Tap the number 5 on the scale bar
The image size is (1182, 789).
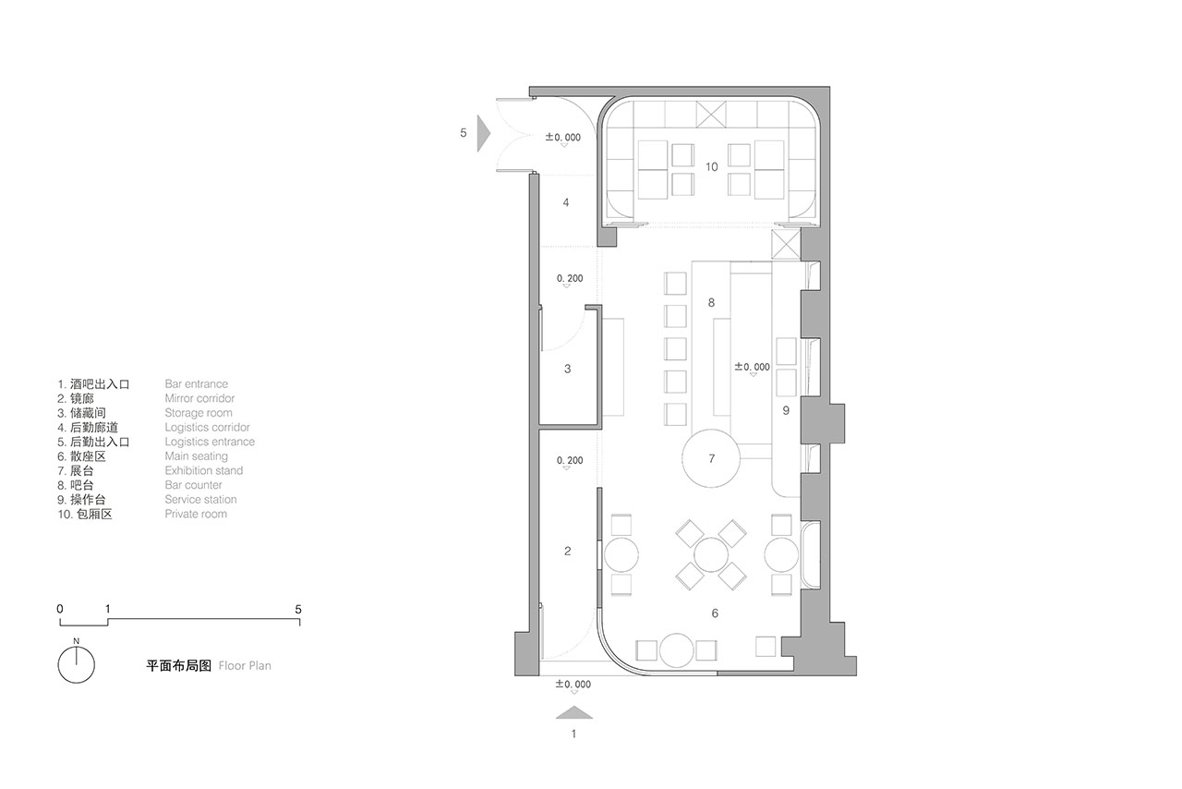[x=298, y=610]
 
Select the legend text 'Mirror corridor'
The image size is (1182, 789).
[x=199, y=398]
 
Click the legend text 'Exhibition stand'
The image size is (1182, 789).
[x=204, y=470]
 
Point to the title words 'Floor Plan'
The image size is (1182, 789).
[x=245, y=665]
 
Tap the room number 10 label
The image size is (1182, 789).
[x=711, y=167]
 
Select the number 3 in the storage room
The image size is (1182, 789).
[x=567, y=369]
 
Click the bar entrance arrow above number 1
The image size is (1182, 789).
[x=574, y=712]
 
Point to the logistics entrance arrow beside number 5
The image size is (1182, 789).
[x=483, y=133]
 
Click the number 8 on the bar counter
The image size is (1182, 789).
[x=711, y=303]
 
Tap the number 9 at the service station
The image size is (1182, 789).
[x=786, y=410]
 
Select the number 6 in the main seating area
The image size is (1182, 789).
[x=715, y=613]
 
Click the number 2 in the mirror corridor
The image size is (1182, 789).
[x=567, y=551]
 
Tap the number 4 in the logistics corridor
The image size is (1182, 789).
[x=566, y=202]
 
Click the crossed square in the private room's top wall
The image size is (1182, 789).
[x=711, y=115]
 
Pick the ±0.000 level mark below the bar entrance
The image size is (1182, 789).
[x=573, y=685]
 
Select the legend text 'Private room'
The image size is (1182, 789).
[x=196, y=514]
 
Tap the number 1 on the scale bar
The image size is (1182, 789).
[x=108, y=609]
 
